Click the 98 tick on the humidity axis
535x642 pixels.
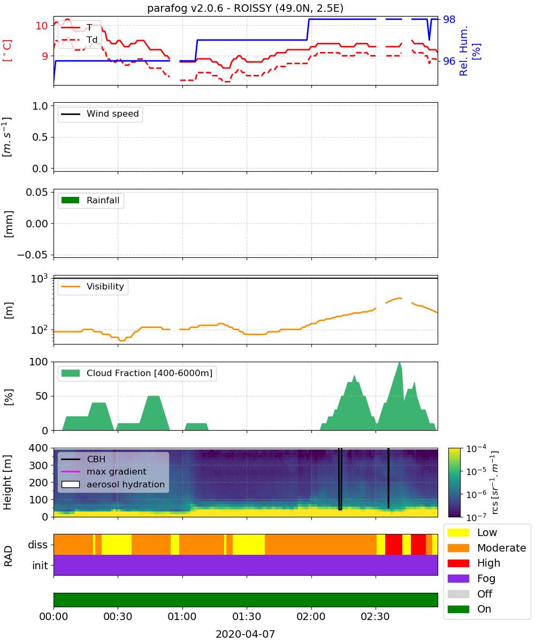449,19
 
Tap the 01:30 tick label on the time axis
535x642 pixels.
247,616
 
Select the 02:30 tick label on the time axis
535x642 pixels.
376,616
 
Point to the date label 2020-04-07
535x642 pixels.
245,634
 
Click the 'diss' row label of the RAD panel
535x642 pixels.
38,545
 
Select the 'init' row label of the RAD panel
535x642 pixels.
40,565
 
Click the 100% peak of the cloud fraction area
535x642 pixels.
400,362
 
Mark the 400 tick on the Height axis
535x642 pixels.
39,448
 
